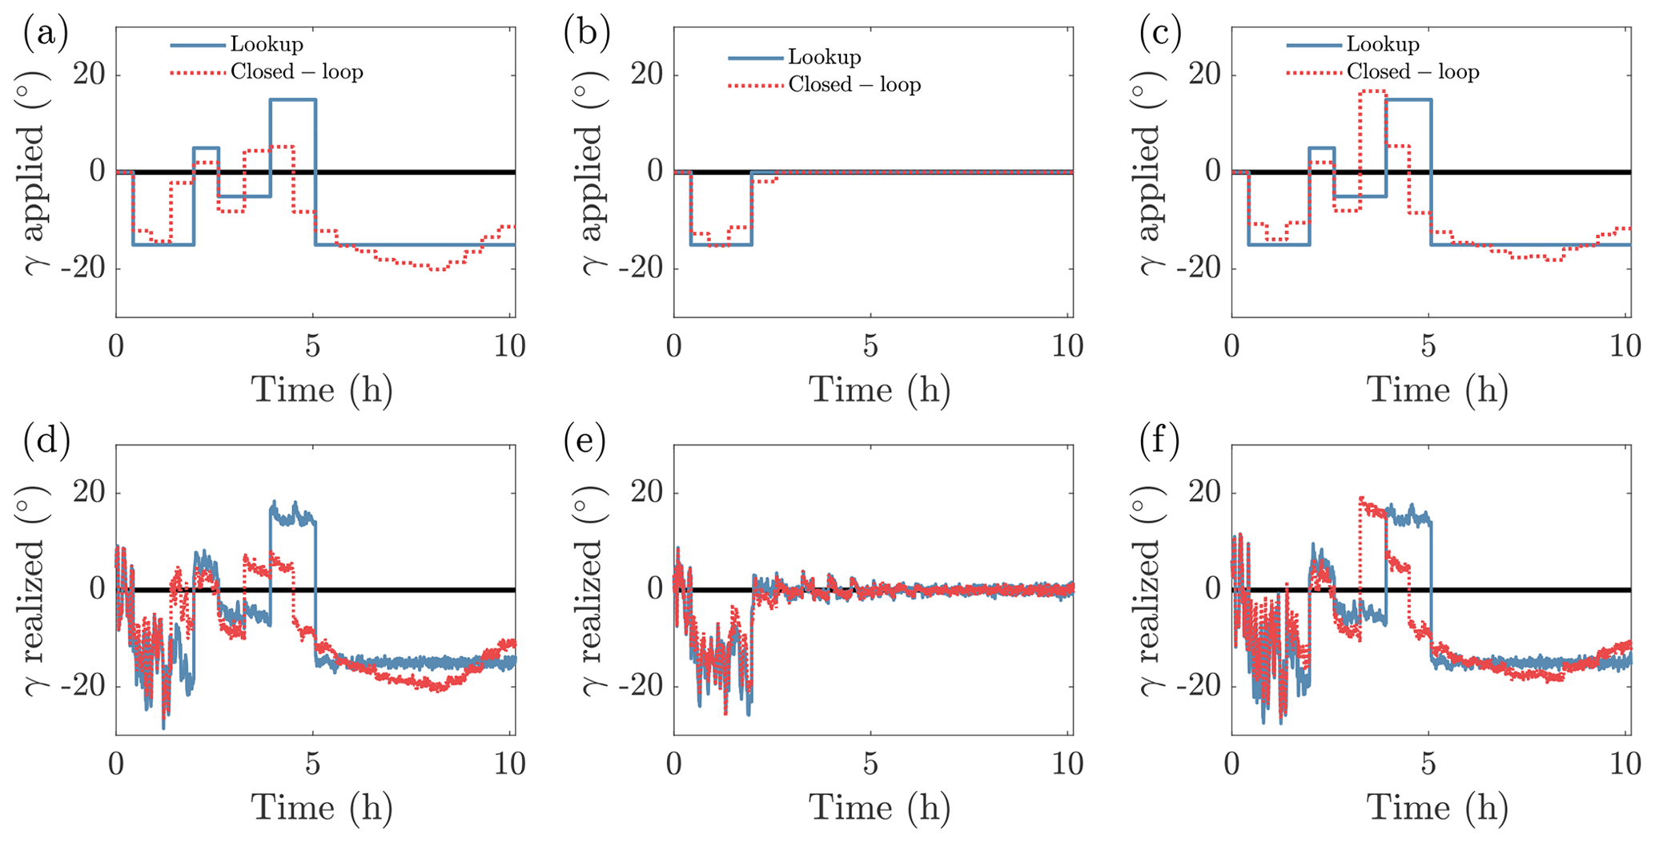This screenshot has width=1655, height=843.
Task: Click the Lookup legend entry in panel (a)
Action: click(266, 44)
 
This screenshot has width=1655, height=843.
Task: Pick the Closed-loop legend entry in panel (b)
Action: click(854, 84)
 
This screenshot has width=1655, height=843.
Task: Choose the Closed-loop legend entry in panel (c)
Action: click(1412, 71)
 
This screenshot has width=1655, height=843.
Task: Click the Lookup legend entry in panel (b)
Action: click(824, 57)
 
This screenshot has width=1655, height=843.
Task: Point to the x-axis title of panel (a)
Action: click(322, 390)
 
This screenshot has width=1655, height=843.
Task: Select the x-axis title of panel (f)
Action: click(1437, 808)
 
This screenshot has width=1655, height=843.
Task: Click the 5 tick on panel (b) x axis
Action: click(870, 346)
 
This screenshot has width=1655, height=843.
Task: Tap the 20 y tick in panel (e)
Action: click(648, 493)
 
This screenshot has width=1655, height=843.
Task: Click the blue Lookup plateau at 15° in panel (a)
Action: click(292, 99)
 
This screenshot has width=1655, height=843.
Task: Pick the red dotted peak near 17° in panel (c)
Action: click(1372, 91)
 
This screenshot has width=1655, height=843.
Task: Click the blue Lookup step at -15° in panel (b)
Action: click(721, 244)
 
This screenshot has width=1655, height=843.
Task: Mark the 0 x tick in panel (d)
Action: click(117, 764)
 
